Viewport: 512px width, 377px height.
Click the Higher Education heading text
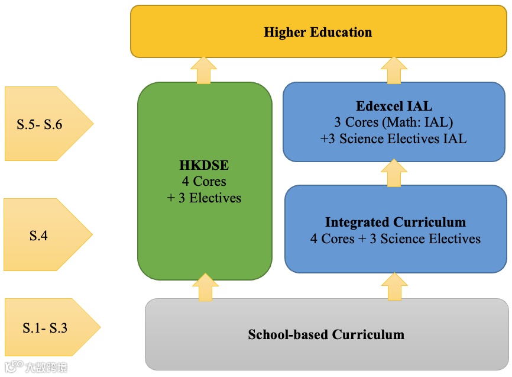(317, 32)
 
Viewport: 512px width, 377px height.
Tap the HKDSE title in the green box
(204, 165)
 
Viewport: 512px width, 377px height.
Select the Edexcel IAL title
(394, 107)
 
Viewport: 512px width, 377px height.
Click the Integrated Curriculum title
(396, 223)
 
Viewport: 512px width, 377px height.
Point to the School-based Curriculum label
(326, 334)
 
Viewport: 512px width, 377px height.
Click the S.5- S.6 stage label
(40, 124)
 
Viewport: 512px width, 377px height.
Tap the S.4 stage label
(38, 236)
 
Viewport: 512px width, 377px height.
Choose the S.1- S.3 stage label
(45, 328)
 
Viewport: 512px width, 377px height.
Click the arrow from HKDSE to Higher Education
(204, 70)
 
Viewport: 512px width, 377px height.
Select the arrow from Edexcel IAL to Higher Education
(394, 70)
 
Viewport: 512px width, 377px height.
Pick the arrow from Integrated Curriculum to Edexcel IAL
(394, 173)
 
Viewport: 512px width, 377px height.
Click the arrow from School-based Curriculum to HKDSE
(205, 288)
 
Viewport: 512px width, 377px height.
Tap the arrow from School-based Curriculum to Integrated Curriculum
(394, 286)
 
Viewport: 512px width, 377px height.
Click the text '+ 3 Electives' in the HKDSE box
(204, 198)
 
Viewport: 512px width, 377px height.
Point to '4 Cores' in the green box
(204, 181)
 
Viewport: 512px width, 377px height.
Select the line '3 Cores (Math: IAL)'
(394, 123)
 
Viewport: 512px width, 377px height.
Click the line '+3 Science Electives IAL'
(394, 138)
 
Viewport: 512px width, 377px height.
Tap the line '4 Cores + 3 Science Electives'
(396, 239)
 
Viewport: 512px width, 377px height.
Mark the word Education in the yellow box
(343, 32)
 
